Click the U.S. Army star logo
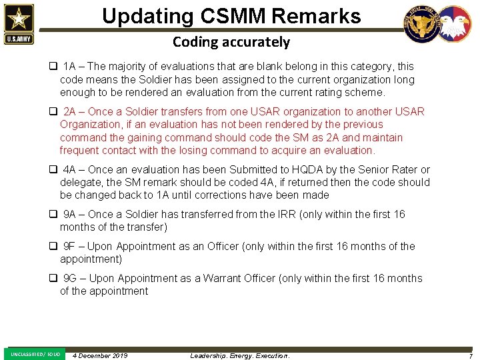(x=18, y=23)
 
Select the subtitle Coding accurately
(x=231, y=42)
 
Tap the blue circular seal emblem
(x=422, y=25)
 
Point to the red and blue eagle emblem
(x=453, y=25)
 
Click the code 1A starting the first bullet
(x=70, y=67)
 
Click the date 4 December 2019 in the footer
(x=100, y=355)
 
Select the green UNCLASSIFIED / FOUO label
(x=35, y=354)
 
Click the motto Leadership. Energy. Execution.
(x=240, y=355)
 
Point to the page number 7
(x=471, y=355)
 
